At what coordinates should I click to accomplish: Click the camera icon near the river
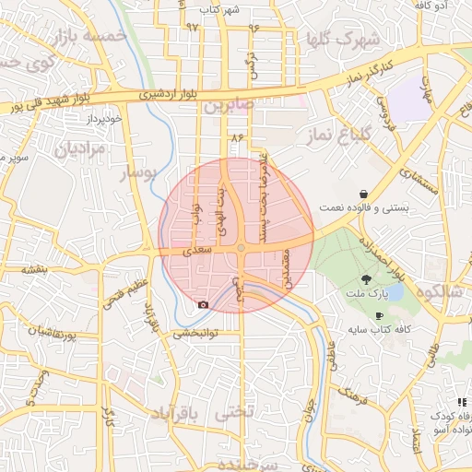(x=203, y=304)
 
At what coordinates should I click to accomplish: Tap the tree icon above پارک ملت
(x=366, y=279)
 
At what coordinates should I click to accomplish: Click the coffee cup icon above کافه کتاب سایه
(x=379, y=315)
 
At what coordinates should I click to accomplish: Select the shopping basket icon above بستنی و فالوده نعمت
(x=365, y=194)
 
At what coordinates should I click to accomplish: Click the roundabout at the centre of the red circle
(x=241, y=248)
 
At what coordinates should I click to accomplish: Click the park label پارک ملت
(x=369, y=294)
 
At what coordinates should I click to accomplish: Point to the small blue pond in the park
(x=395, y=292)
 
